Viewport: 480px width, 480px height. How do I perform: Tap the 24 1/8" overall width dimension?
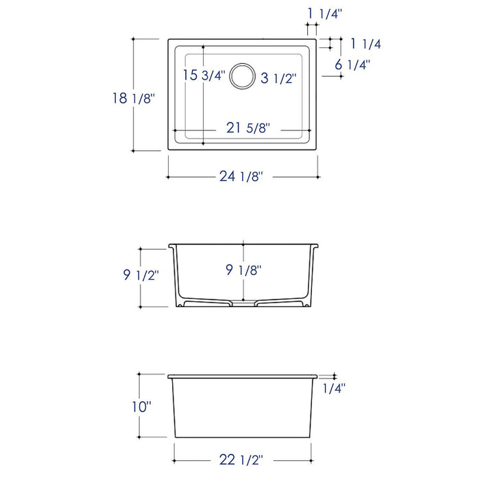[x=243, y=176]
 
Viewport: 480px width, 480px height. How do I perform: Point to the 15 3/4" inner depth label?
[x=204, y=75]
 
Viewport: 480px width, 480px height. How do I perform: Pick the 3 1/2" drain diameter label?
[x=277, y=78]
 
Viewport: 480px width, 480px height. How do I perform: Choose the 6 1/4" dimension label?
[x=352, y=64]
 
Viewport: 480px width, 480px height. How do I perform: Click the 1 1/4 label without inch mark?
[x=365, y=44]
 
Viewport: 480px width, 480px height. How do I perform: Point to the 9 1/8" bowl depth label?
[x=243, y=270]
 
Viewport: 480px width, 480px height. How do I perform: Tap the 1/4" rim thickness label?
[x=333, y=388]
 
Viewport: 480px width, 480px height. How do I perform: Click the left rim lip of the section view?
[x=171, y=245]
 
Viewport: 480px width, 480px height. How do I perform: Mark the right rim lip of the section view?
[x=316, y=245]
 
